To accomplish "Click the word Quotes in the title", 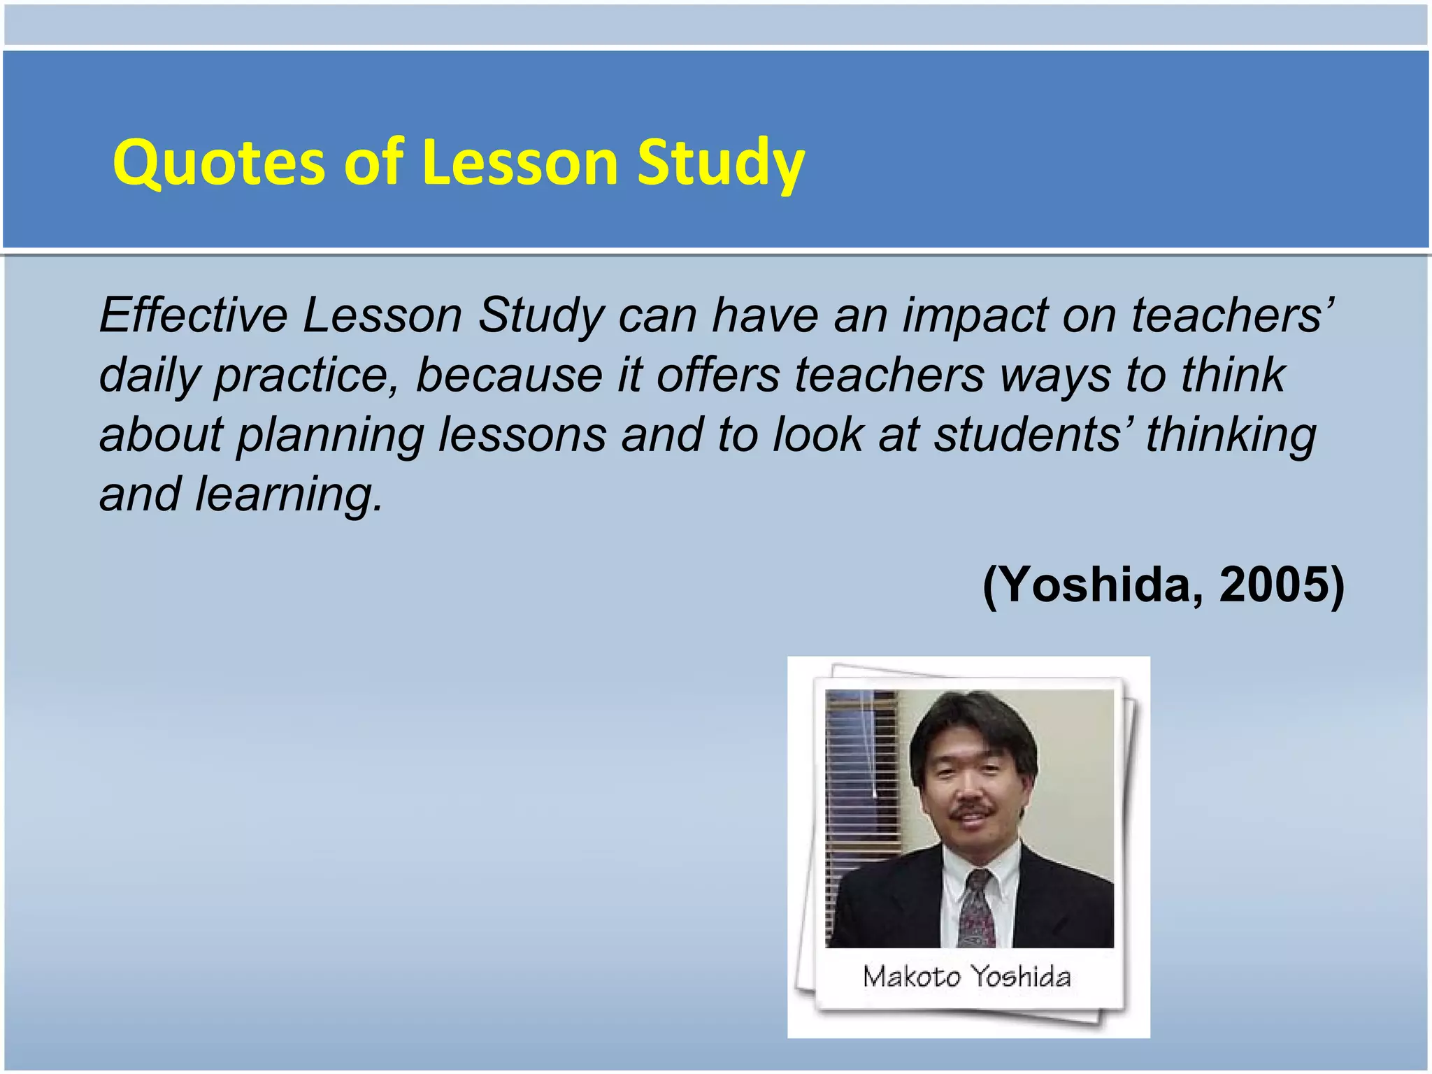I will coord(217,164).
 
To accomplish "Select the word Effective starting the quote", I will coord(193,315).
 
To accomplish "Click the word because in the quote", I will coord(508,375).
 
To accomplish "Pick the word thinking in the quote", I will coord(1230,436).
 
